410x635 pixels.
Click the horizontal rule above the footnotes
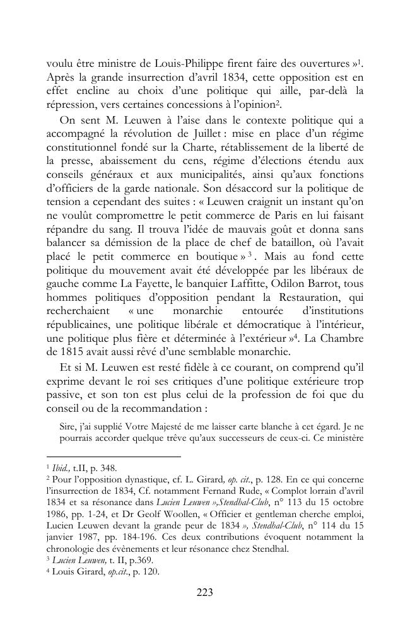coord(114,456)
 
